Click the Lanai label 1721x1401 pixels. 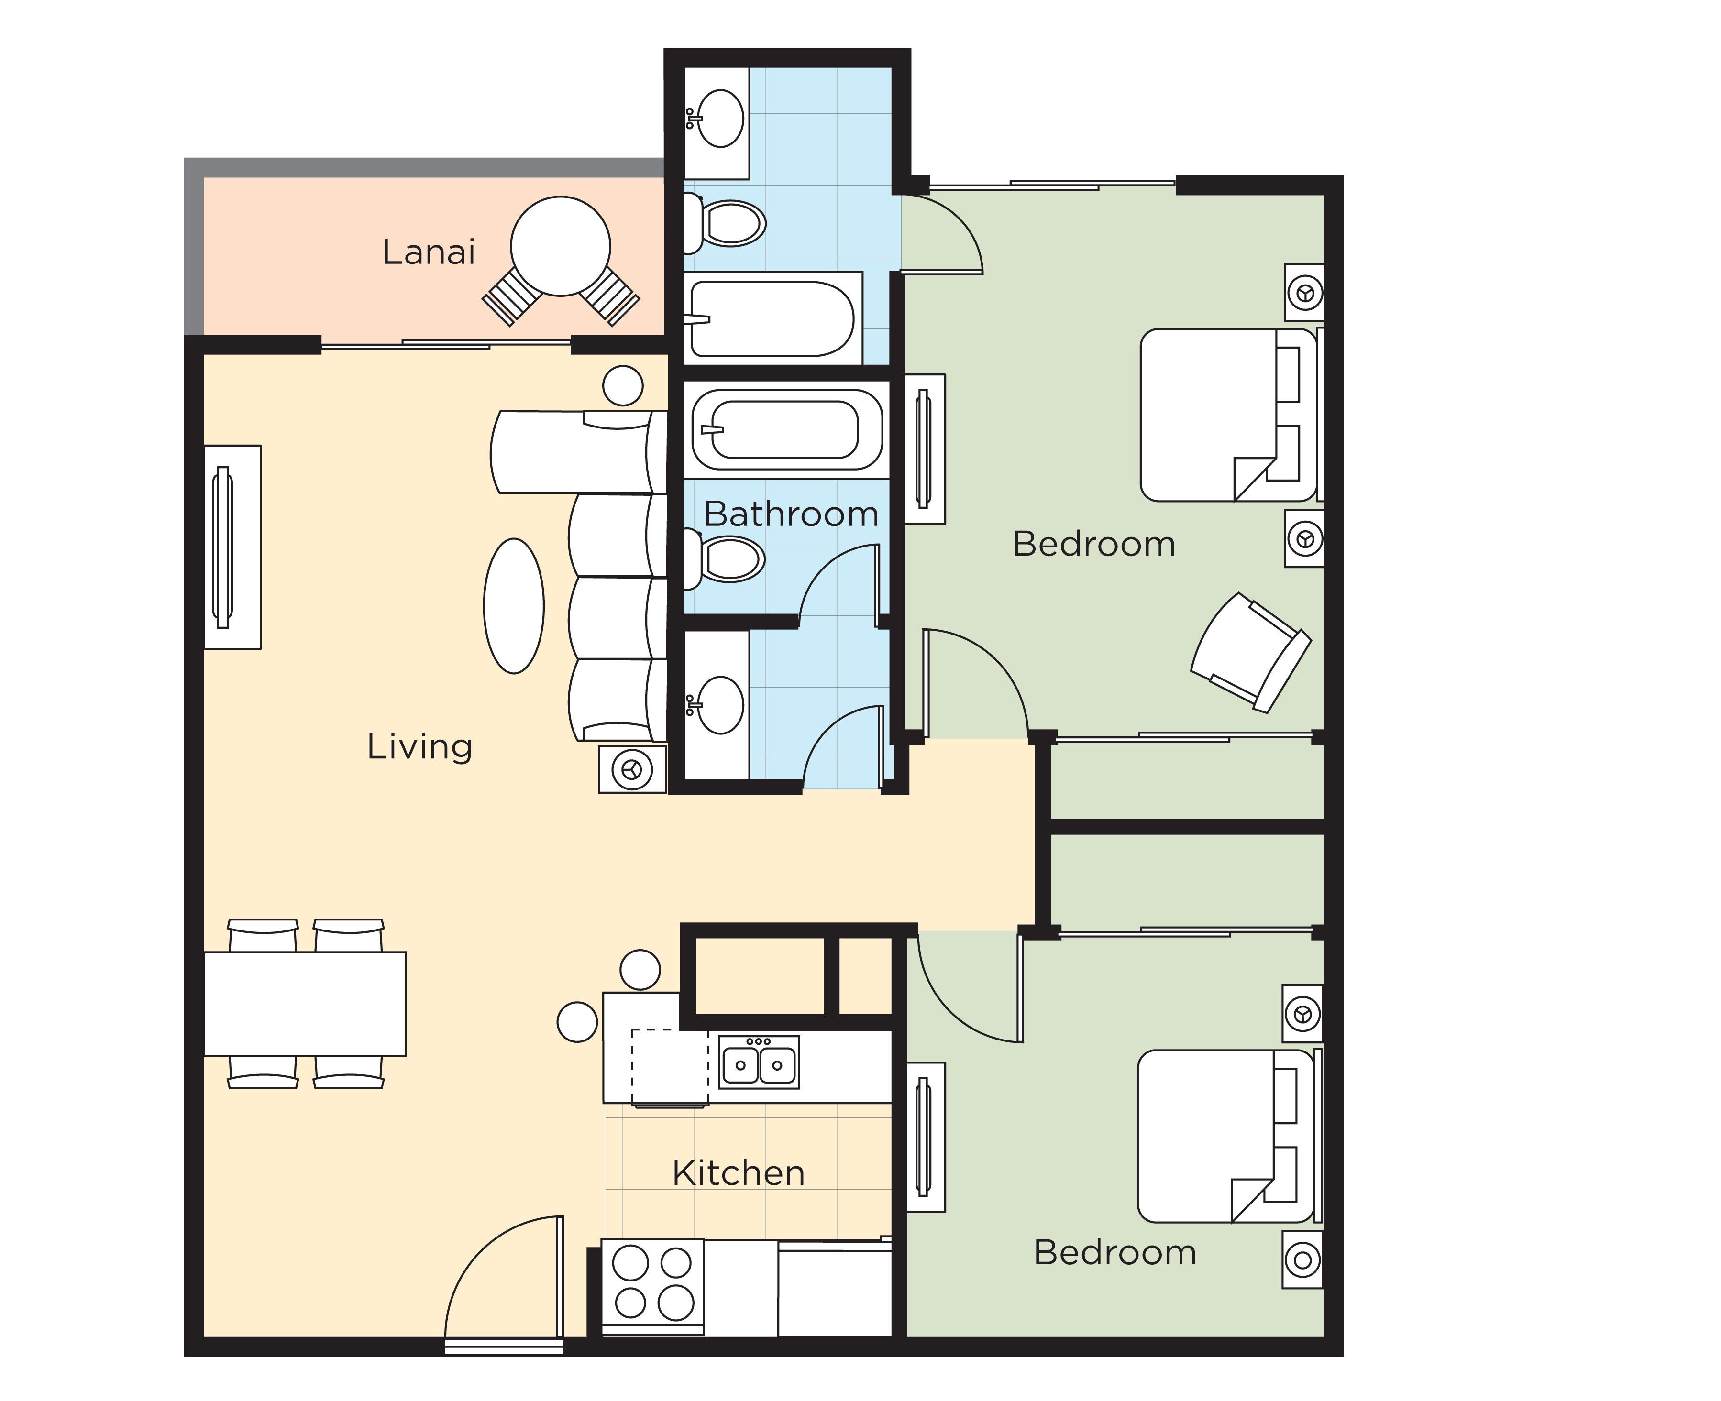pyautogui.click(x=429, y=252)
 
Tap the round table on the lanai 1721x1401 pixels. pyautogui.click(x=560, y=246)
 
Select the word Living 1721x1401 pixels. pyautogui.click(x=419, y=746)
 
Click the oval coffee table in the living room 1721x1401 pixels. pyautogui.click(x=513, y=606)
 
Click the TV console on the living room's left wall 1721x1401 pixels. pyautogui.click(x=231, y=547)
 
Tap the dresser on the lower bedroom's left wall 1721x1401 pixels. pyautogui.click(x=925, y=1137)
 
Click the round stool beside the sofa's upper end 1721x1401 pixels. pyautogui.click(x=622, y=386)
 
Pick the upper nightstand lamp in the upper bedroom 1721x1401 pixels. pyautogui.click(x=1304, y=292)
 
